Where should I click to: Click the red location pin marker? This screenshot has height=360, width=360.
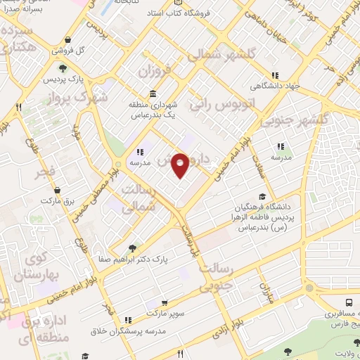click(x=181, y=165)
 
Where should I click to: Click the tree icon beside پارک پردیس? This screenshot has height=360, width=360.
click(x=63, y=68)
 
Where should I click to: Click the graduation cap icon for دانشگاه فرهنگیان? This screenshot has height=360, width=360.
click(x=262, y=197)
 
